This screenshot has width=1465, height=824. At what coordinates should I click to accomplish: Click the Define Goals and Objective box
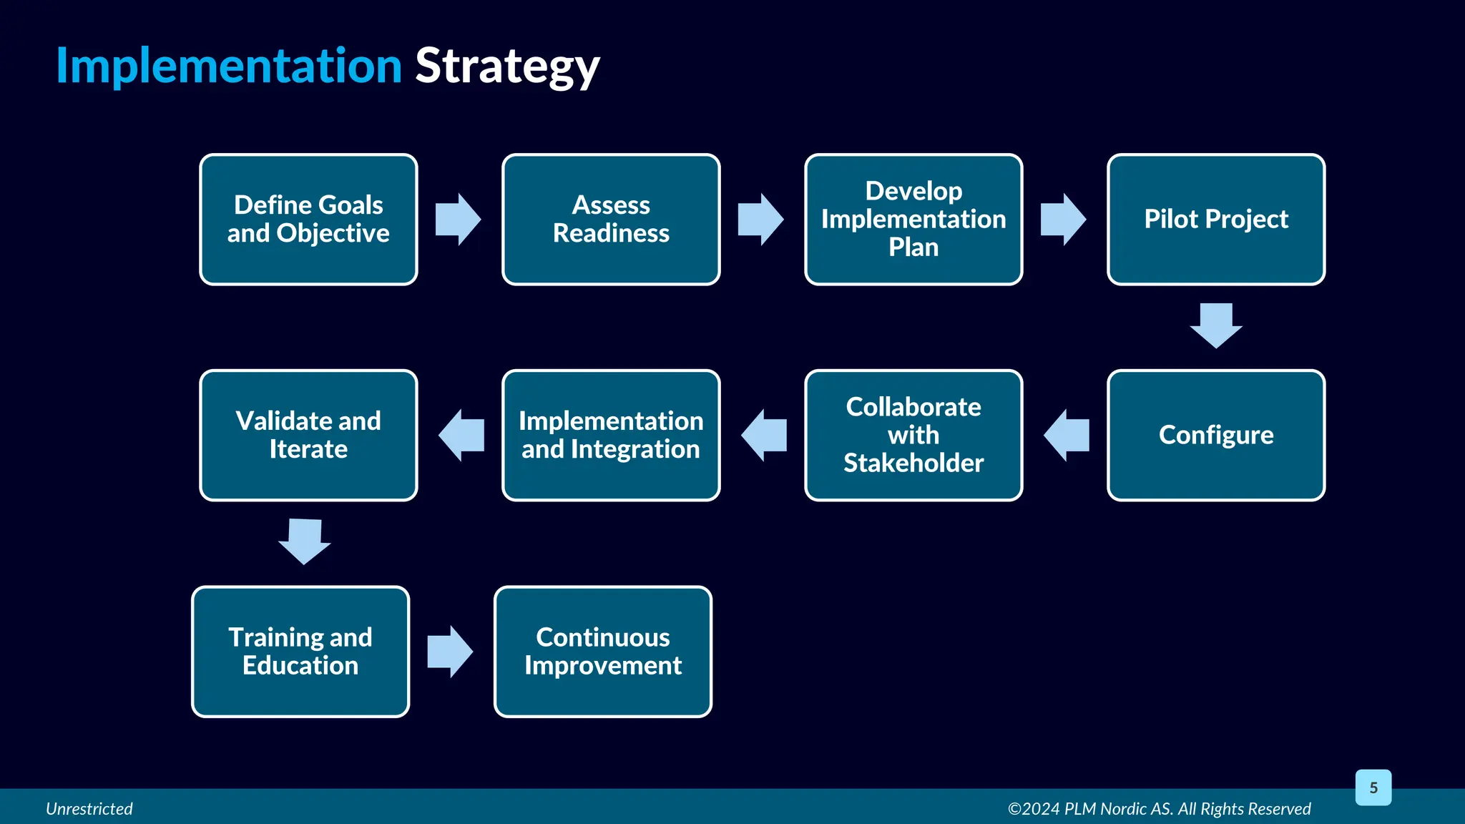coord(308,220)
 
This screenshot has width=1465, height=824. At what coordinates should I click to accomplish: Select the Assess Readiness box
coord(611,220)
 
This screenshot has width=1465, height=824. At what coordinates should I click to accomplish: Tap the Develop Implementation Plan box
coord(913,220)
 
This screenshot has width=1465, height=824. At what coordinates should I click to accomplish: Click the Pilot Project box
coord(1216,220)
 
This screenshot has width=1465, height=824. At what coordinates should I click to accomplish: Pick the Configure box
coord(1216,435)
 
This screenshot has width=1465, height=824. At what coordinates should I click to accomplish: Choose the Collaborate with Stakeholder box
coord(913,435)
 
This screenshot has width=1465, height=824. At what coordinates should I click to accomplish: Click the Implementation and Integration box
coord(611,435)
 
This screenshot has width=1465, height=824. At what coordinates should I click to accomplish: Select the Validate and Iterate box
coord(308,435)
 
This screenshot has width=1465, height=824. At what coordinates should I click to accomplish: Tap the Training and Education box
coord(300,652)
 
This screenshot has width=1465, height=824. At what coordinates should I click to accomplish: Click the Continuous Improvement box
coord(603,652)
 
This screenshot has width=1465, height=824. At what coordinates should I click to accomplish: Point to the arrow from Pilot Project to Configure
coord(1216,325)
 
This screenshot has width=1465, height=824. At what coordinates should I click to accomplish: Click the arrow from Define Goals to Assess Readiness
coord(458,220)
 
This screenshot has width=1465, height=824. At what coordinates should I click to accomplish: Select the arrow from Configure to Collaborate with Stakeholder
coord(1067,435)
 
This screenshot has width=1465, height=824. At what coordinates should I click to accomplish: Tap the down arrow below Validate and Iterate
coord(305,541)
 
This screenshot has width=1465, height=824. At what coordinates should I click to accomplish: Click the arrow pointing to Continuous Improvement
coord(450,652)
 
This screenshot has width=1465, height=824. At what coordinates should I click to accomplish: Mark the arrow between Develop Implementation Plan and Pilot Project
coord(1063,220)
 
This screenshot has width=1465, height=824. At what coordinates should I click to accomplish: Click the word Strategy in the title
coord(507,66)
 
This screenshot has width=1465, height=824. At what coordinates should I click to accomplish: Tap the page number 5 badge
coord(1373,788)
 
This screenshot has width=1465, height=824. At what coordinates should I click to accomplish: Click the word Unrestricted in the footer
coord(89,809)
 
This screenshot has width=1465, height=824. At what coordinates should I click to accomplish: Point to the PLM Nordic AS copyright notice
coord(1159,809)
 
